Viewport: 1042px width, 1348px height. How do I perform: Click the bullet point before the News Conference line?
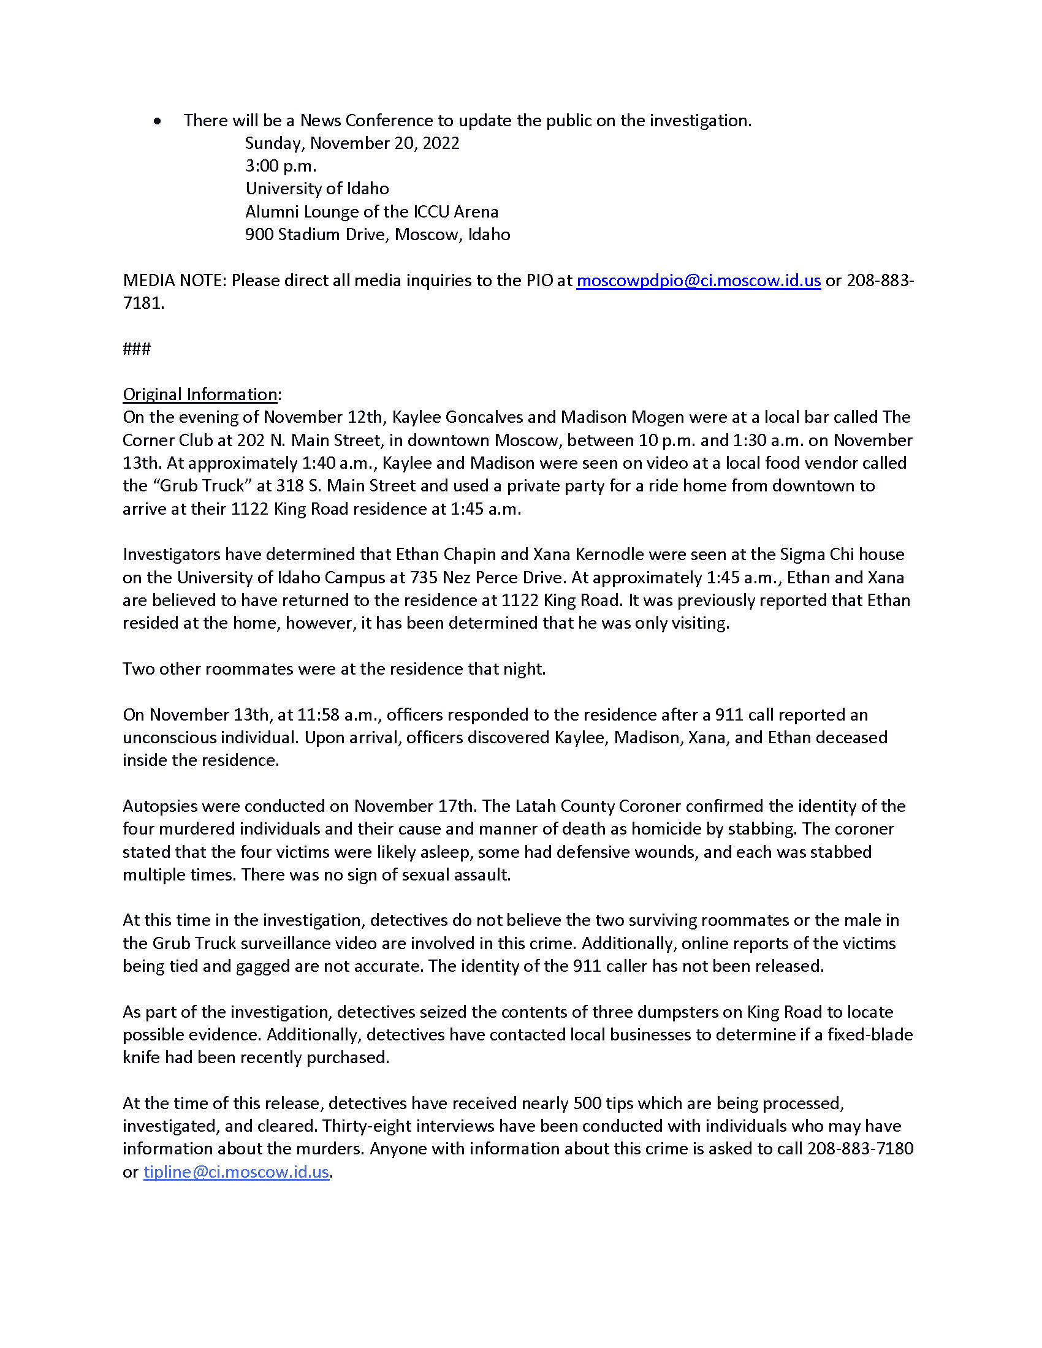coord(158,121)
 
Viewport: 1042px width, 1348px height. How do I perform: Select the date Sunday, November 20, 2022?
coord(352,143)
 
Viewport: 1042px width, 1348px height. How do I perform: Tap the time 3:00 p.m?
coord(281,166)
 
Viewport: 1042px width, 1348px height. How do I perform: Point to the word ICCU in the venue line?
coord(431,212)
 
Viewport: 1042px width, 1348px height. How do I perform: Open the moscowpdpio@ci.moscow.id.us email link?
coord(698,281)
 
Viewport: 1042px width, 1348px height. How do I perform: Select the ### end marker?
coord(137,349)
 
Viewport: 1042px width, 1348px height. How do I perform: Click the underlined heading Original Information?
coord(200,395)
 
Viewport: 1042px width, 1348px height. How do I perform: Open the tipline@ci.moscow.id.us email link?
coord(236,1172)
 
